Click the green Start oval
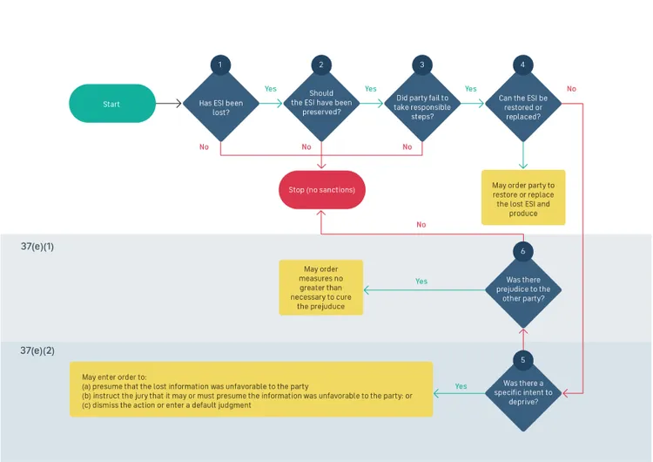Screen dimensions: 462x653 (111, 104)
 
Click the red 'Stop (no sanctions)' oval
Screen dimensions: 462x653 (321, 189)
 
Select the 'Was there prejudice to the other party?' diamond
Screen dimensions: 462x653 (523, 289)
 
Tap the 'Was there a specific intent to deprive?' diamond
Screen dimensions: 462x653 (523, 393)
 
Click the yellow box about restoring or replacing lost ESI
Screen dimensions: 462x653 (523, 198)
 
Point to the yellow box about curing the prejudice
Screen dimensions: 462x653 (320, 288)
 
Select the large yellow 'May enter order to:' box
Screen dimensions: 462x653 (251, 389)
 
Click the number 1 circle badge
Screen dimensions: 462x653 (220, 65)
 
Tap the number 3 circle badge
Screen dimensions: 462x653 (421, 65)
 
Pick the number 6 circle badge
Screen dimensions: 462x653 (523, 251)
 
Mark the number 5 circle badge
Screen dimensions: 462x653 (523, 359)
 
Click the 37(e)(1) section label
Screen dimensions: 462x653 (37, 248)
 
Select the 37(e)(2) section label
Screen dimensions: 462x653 (37, 350)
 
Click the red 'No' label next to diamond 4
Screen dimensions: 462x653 (571, 89)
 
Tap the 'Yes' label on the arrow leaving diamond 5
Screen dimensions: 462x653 (461, 386)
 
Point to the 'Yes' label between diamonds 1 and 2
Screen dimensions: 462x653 (271, 89)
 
